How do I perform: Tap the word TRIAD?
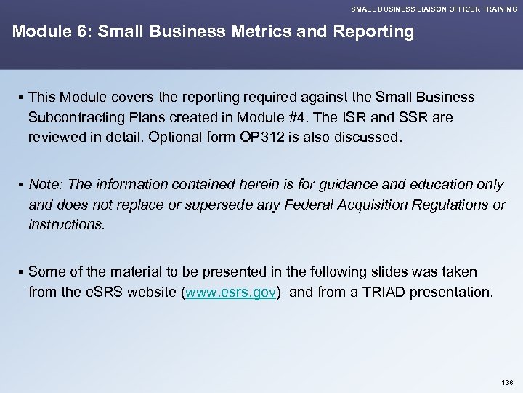(x=385, y=293)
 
